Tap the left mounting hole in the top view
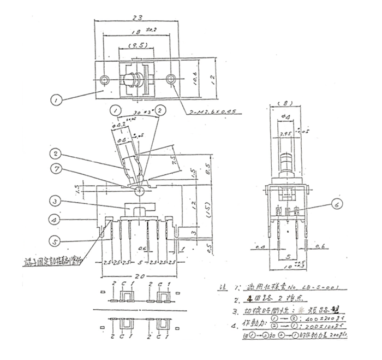coord(105,80)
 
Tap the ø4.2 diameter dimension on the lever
coord(117,125)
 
